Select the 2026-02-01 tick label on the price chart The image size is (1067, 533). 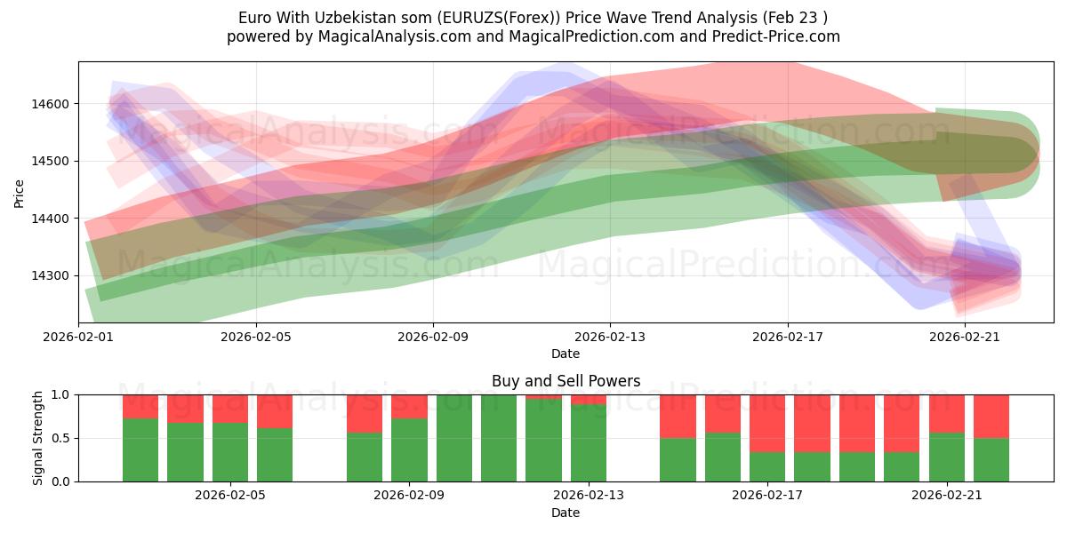pyautogui.click(x=79, y=337)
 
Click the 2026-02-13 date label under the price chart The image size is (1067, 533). pyautogui.click(x=610, y=337)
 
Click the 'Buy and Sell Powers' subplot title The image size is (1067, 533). pyautogui.click(x=566, y=381)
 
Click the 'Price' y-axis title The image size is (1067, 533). pyautogui.click(x=20, y=192)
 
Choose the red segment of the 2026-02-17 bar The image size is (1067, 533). pyautogui.click(x=766, y=423)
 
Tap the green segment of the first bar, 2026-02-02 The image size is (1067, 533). pyautogui.click(x=140, y=450)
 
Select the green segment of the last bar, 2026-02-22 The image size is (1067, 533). pyautogui.click(x=991, y=459)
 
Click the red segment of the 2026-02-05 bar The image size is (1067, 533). pyautogui.click(x=275, y=411)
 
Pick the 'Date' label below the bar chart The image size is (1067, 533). pyautogui.click(x=566, y=513)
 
